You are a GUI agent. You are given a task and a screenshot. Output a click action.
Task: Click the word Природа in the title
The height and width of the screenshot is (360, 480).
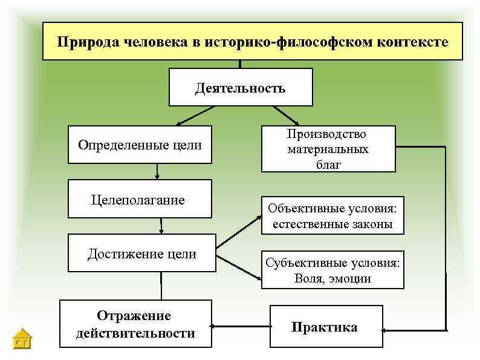tap(83, 42)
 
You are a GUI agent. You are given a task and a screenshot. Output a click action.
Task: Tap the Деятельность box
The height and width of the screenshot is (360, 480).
tap(240, 88)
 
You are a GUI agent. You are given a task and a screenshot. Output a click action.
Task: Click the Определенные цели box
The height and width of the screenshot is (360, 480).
tap(140, 145)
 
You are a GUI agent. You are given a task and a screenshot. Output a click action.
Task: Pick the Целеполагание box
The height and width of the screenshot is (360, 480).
tap(140, 199)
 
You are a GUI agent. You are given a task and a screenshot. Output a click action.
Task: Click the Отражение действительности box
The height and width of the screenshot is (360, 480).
tap(135, 324)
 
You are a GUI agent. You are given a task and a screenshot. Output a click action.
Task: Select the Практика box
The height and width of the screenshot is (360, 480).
tap(325, 327)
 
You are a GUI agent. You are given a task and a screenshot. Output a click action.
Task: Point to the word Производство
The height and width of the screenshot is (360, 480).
tap(328, 134)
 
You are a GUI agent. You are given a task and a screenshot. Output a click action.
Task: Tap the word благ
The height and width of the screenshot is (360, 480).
tap(328, 163)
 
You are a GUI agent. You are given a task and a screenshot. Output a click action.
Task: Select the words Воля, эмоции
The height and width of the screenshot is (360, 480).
tap(332, 279)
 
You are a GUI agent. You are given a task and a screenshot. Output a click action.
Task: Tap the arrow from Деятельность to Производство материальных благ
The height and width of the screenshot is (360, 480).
tap(285, 115)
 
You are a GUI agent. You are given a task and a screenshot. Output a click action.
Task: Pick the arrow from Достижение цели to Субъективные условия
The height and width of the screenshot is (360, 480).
tap(239, 268)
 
